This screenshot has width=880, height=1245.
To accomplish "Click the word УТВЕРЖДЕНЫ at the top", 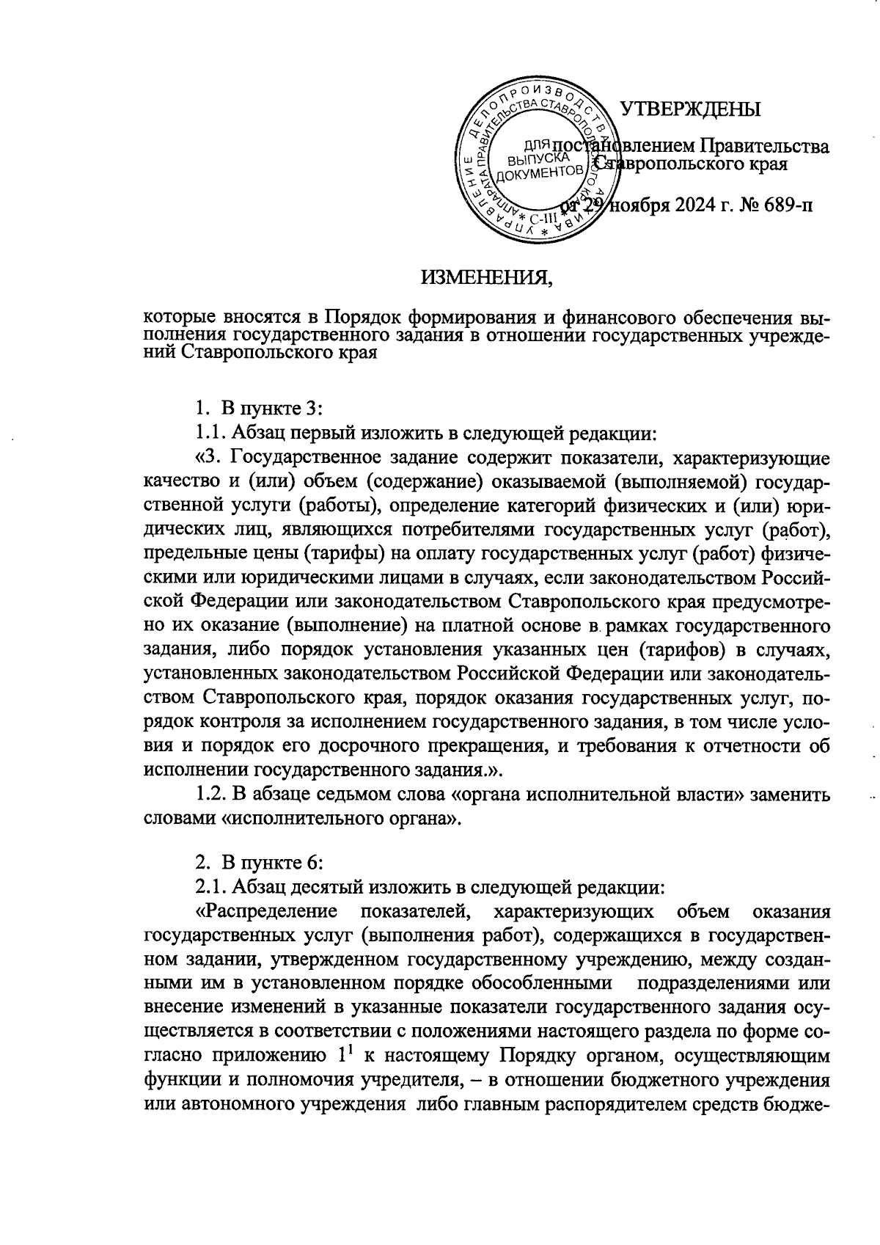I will coord(690,110).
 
